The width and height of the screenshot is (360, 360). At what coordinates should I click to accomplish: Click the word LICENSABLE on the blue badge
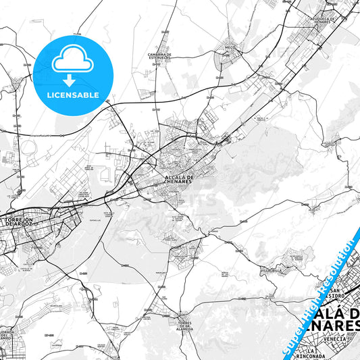(73, 95)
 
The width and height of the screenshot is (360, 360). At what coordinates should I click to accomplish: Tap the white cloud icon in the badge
(73, 61)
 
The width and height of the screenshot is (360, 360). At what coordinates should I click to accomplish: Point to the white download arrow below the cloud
(73, 80)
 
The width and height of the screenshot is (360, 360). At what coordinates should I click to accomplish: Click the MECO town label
(229, 47)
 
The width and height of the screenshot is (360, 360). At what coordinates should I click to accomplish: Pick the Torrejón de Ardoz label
(24, 222)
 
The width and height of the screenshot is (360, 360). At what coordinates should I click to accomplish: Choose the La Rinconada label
(311, 353)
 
